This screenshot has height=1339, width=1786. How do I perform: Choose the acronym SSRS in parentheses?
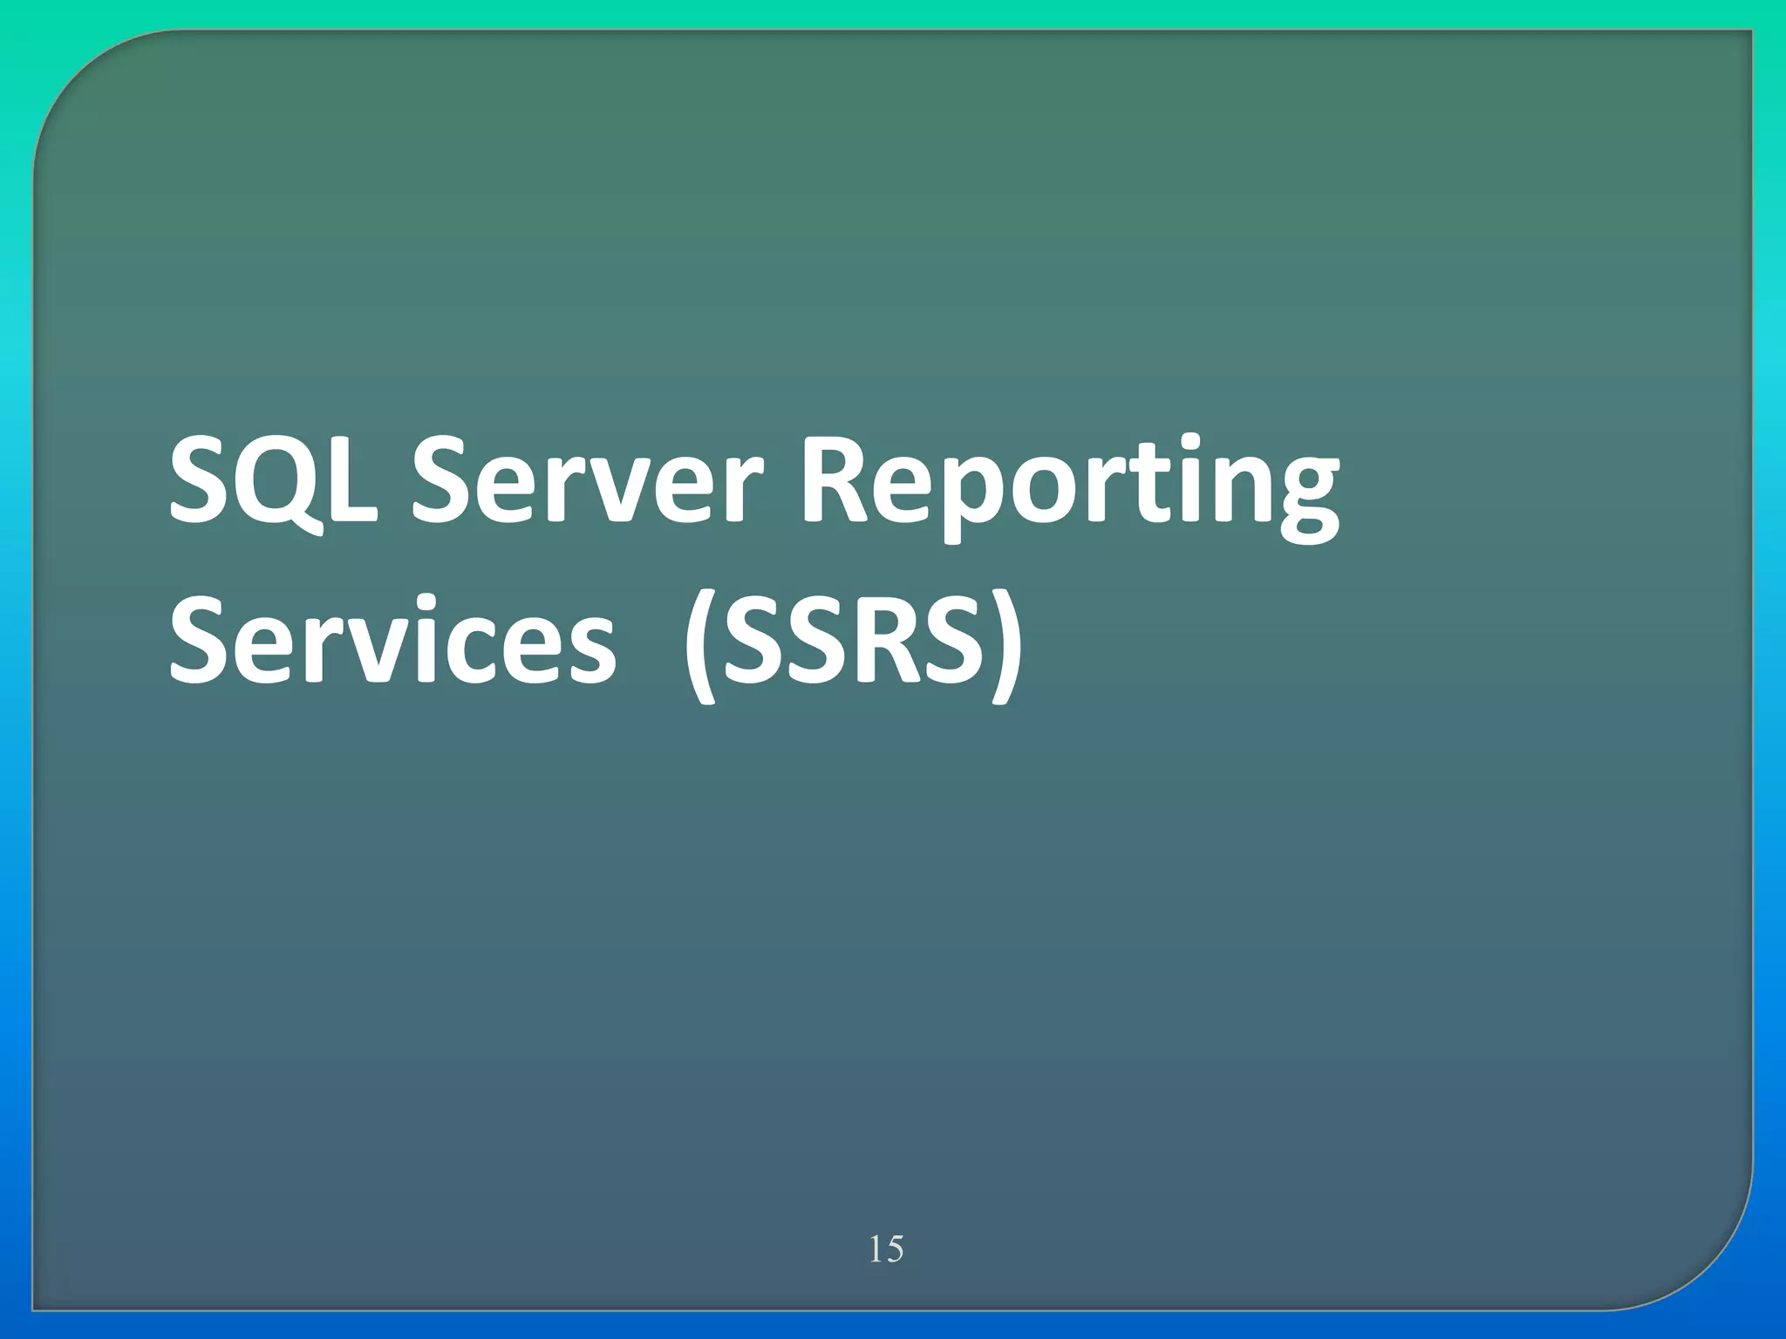pos(851,642)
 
